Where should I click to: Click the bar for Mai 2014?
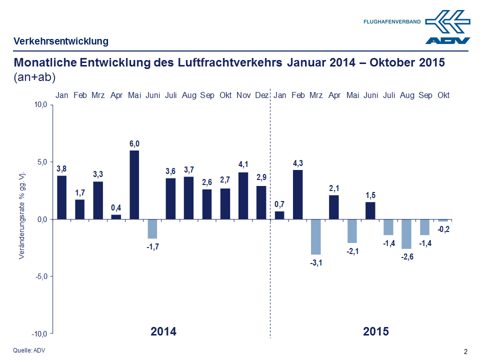[x=134, y=184]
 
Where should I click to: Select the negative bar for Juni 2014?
[x=152, y=228]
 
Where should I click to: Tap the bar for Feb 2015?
[x=298, y=194]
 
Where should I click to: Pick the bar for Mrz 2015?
[x=316, y=236]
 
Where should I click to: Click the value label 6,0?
[x=134, y=144]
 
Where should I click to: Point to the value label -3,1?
[x=316, y=262]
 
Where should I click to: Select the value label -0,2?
[x=443, y=229]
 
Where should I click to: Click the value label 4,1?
[x=243, y=163]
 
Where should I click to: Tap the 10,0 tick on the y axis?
[x=40, y=105]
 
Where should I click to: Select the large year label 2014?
[x=163, y=331]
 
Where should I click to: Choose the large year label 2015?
[x=376, y=331]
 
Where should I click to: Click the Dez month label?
[x=261, y=95]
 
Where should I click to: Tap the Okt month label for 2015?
[x=443, y=95]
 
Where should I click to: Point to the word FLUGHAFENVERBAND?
[x=392, y=22]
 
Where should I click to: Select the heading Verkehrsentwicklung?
[x=61, y=41]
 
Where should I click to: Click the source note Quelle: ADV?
[x=28, y=350]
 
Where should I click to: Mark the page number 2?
[x=466, y=351]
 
